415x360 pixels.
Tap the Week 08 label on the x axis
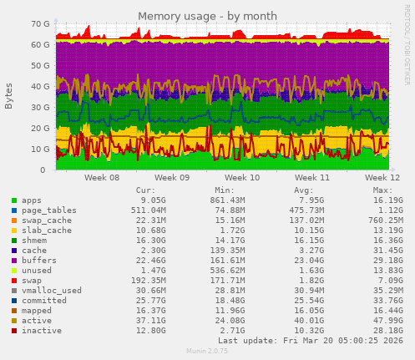pyautogui.click(x=102, y=178)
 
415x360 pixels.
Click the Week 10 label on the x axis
pyautogui.click(x=243, y=178)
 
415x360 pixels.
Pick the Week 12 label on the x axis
pyautogui.click(x=382, y=178)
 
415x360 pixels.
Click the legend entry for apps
pyautogui.click(x=31, y=200)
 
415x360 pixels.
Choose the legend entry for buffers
pyautogui.click(x=38, y=261)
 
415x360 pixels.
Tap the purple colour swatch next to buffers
pyautogui.click(x=14, y=261)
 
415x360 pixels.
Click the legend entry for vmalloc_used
pyautogui.click(x=50, y=291)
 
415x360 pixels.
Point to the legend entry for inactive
pyautogui.click(x=41, y=331)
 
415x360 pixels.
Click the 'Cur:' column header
pyautogui.click(x=145, y=190)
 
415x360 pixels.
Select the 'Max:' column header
pyautogui.click(x=382, y=190)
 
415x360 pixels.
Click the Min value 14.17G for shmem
pyautogui.click(x=227, y=241)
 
